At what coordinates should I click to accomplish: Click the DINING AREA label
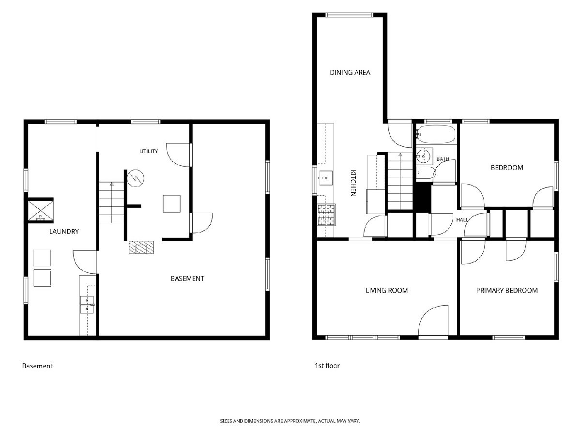point(350,73)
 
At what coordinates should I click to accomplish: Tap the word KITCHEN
point(353,183)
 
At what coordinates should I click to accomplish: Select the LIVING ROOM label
point(386,291)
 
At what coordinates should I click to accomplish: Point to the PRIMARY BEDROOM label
point(507,291)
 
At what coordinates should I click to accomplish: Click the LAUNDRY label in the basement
point(64,232)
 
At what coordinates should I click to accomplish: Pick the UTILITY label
point(149,151)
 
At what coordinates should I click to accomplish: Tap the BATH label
point(443,159)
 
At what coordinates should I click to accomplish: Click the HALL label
point(462,219)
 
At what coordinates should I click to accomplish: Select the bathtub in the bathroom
point(436,134)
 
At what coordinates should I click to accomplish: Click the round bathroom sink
point(424,156)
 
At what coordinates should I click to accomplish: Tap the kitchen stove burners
point(326,215)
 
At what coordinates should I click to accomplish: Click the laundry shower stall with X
point(41,210)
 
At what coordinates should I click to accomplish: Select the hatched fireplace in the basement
point(141,247)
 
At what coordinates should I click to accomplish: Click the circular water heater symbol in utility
point(136,178)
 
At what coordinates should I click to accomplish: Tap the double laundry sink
point(87,305)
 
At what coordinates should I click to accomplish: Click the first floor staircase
point(400,181)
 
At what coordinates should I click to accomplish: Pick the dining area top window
point(349,15)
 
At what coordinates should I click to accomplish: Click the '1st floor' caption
point(327,366)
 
